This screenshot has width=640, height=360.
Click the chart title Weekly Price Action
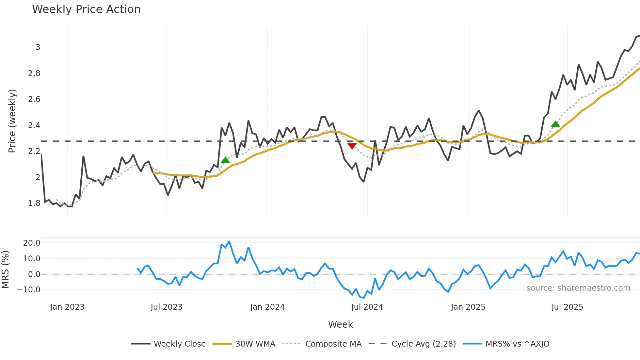click(86, 9)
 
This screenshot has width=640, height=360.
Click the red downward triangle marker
click(352, 146)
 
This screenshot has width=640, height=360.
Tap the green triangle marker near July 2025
click(555, 124)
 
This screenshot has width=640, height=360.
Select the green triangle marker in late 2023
click(225, 160)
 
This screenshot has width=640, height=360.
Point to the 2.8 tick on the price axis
click(34, 74)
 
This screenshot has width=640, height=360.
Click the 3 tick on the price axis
click(38, 47)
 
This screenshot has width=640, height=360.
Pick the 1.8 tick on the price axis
click(34, 203)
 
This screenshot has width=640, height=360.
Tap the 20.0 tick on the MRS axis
click(32, 243)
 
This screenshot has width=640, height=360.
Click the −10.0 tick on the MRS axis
click(29, 290)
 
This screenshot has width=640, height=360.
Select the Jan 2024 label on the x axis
click(267, 307)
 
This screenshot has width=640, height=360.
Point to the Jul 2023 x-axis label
click(167, 307)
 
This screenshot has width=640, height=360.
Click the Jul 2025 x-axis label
click(567, 307)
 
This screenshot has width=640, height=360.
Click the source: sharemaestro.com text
click(578, 288)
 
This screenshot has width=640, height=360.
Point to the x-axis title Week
click(340, 324)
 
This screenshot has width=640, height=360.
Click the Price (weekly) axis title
click(12, 121)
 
